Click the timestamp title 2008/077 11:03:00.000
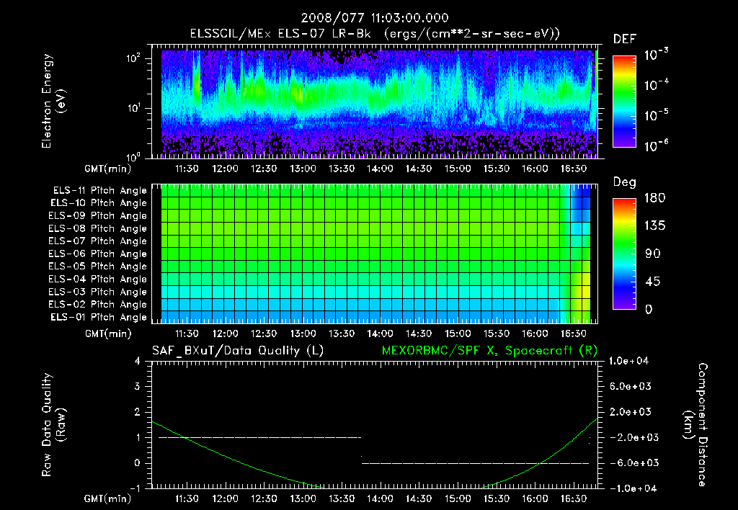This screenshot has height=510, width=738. [369, 17]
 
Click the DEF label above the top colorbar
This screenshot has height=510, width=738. [624, 39]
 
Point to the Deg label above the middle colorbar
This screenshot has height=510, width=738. [624, 182]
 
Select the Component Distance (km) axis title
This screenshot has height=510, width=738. [698, 424]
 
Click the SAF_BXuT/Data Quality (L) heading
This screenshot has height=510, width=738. [237, 350]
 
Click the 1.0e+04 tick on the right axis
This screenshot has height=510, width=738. [631, 360]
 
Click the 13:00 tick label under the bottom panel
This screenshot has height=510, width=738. [303, 498]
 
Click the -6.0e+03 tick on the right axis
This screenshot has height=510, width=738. [631, 462]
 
